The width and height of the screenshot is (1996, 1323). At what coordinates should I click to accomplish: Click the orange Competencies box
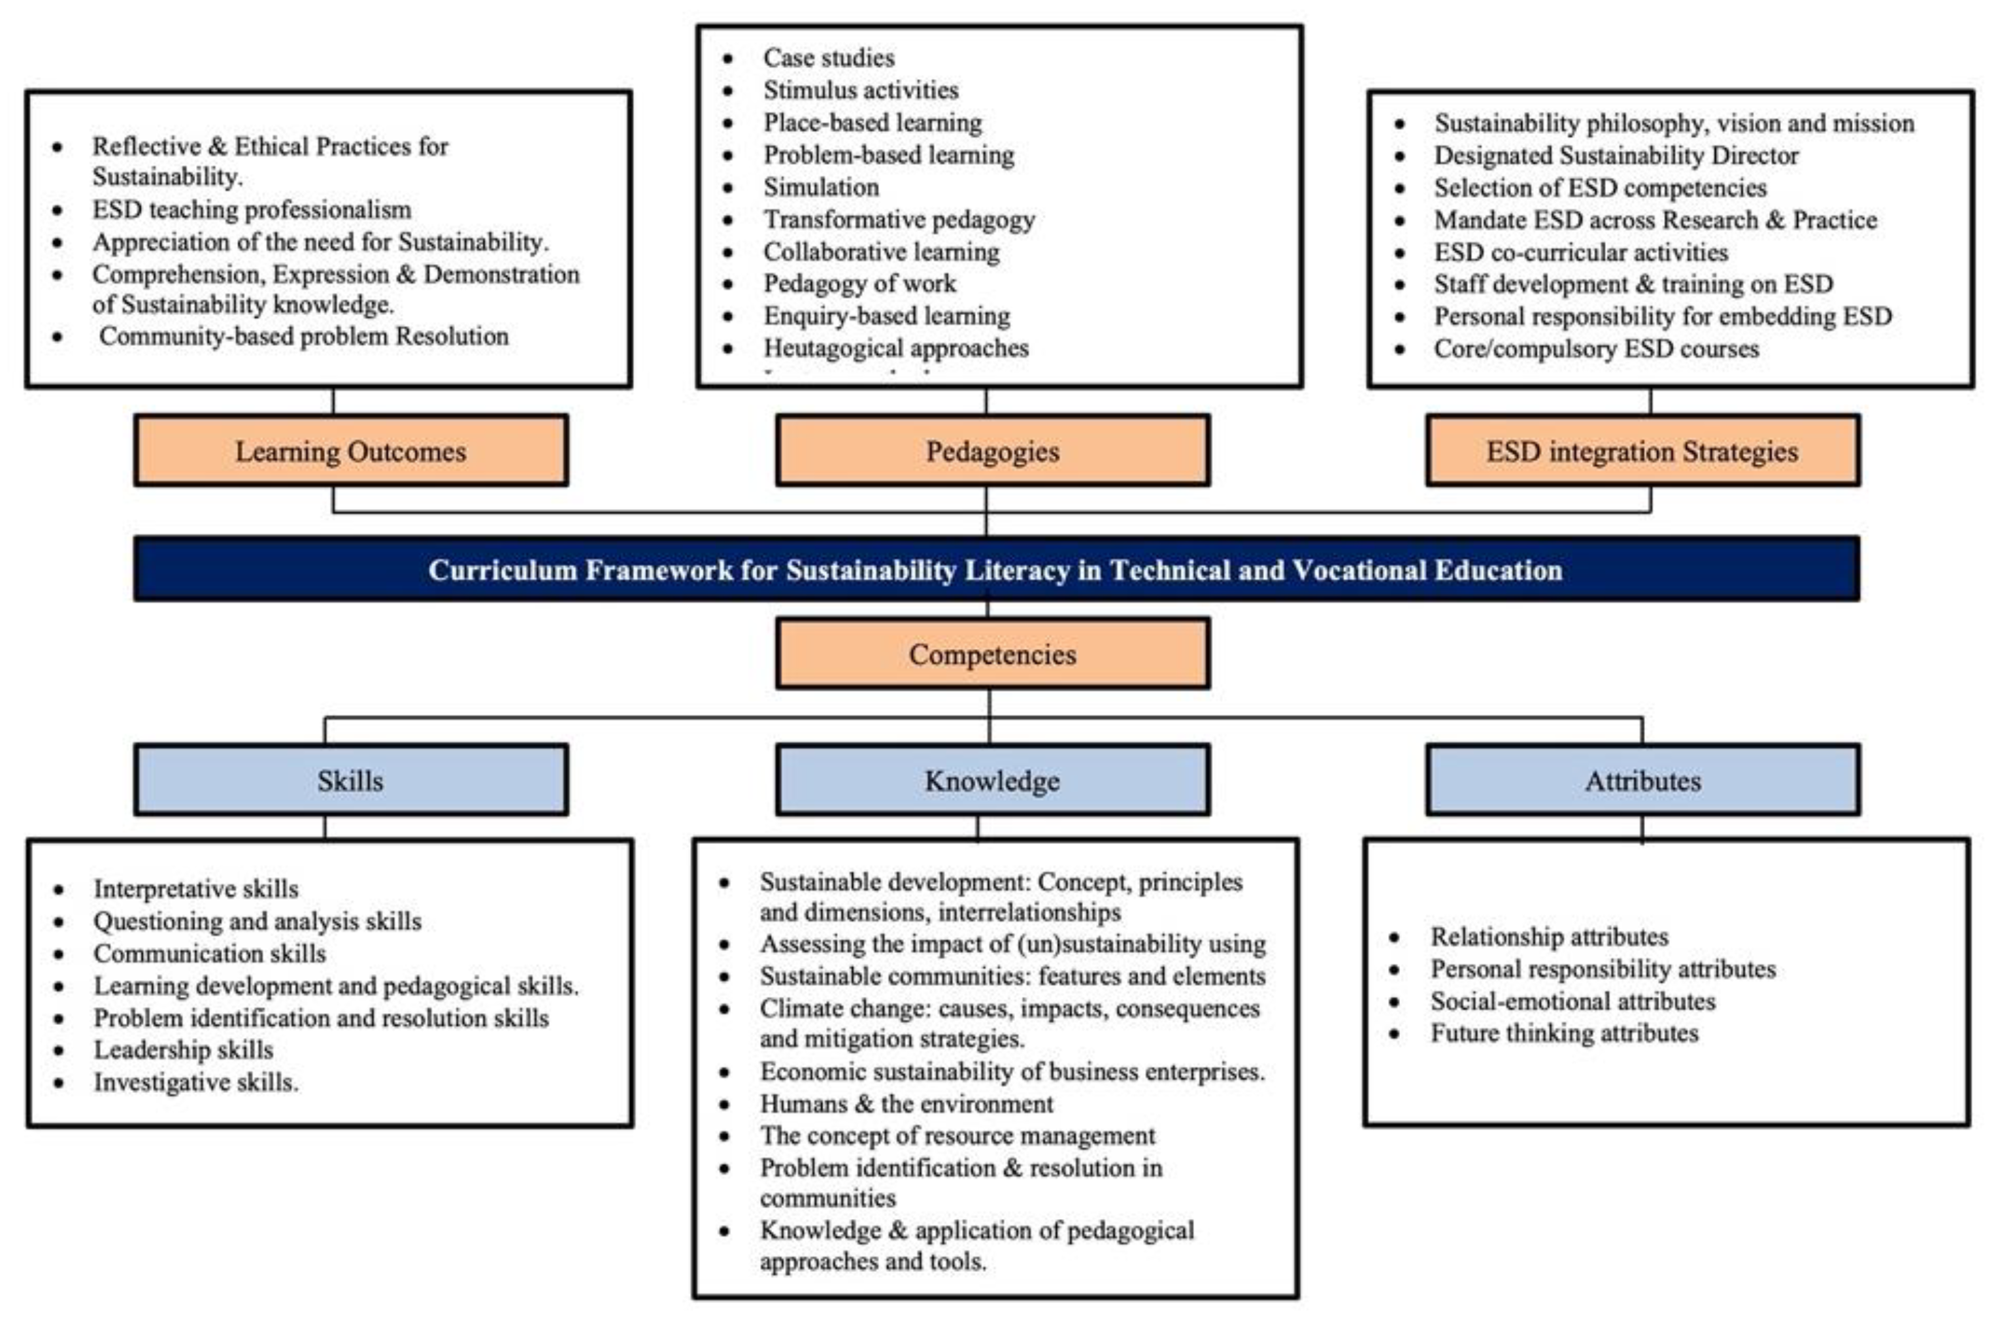point(992,654)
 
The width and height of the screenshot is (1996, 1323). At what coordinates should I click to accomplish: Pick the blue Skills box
point(350,780)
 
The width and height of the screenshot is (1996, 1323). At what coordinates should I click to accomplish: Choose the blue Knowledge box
point(992,780)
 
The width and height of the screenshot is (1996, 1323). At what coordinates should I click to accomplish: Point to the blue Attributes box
point(1642,780)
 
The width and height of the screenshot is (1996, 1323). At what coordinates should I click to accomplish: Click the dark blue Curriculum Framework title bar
point(995,569)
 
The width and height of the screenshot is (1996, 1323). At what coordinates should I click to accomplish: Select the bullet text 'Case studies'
point(829,58)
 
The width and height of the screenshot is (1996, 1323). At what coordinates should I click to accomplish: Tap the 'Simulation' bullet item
point(821,186)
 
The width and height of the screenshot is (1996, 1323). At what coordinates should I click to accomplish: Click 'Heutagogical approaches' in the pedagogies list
point(896,348)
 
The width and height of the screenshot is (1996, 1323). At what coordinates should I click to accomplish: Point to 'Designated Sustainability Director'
point(1616,156)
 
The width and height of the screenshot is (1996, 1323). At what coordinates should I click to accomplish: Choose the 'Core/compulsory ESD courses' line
point(1596,348)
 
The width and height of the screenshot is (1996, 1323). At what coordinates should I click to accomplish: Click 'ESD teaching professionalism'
point(252,209)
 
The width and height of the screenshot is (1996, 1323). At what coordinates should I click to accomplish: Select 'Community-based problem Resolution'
point(304,336)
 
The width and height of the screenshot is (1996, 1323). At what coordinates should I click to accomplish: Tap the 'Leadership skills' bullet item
point(183,1050)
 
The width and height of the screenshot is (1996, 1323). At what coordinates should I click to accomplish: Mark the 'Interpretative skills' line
point(195,888)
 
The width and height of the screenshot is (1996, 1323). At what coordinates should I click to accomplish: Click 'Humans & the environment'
point(906,1103)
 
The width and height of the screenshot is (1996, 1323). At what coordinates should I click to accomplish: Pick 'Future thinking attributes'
point(1564,1033)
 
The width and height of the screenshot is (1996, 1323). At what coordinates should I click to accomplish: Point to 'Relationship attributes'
point(1549,937)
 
